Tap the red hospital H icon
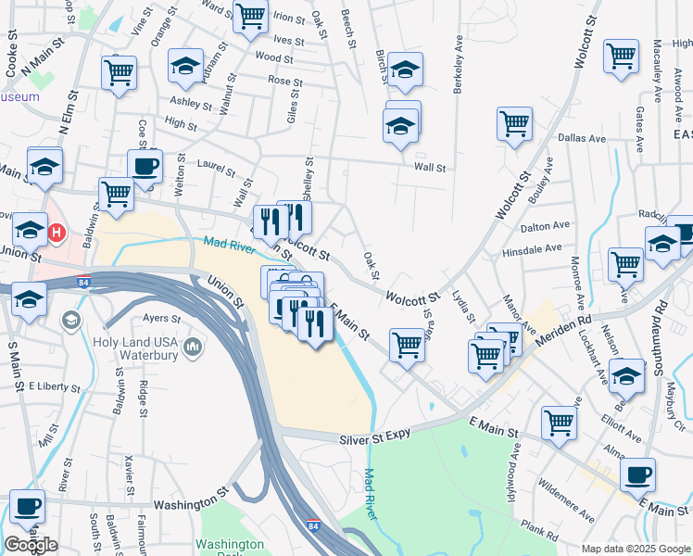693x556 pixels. point(57,231)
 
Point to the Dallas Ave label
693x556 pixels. point(582,138)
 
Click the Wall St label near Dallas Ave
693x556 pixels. point(430,168)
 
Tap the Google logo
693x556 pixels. point(31,545)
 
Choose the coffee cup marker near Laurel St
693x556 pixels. point(145,167)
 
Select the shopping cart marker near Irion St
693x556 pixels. point(250,16)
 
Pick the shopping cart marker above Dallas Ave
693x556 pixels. point(514,123)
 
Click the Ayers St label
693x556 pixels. point(161,318)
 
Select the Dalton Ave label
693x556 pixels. point(546,225)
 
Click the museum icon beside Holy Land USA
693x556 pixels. point(193,347)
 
